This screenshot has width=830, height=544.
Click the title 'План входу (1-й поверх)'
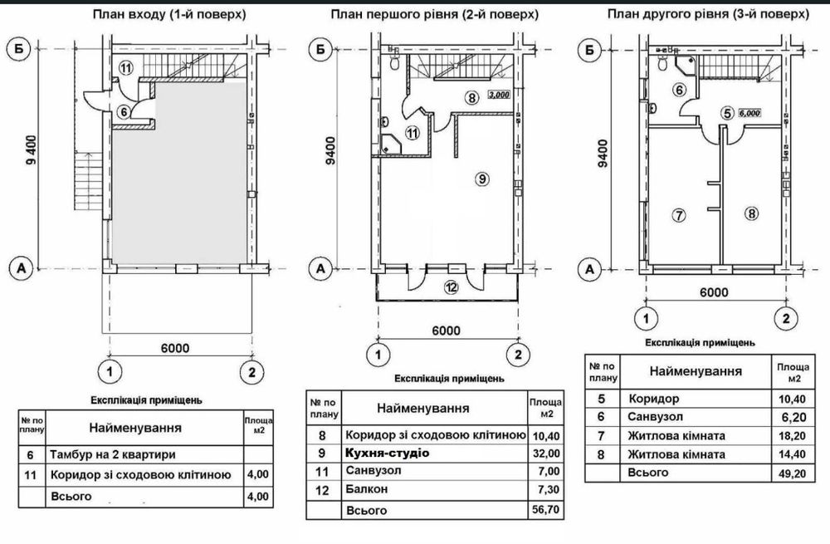click(x=169, y=14)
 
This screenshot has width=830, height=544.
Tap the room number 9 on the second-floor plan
click(x=481, y=179)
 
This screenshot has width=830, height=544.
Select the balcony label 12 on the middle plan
click(x=451, y=287)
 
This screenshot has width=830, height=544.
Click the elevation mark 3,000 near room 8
click(x=499, y=95)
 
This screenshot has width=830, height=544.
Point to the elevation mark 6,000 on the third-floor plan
click(x=749, y=113)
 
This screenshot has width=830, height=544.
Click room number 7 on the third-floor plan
click(x=679, y=215)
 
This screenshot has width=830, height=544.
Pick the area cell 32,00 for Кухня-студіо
click(x=546, y=453)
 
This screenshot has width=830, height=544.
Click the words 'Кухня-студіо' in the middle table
click(x=387, y=453)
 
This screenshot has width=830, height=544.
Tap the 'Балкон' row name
click(x=366, y=489)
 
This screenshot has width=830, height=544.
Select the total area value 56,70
click(x=546, y=510)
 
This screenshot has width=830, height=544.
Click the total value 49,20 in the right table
click(x=793, y=473)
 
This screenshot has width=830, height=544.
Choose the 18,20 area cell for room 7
click(x=793, y=436)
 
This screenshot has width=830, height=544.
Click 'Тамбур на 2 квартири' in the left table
click(x=113, y=454)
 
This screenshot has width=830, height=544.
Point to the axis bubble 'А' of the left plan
click(x=22, y=268)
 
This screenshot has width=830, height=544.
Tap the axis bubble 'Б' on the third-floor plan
click(x=589, y=51)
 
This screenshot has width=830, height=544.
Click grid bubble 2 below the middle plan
click(x=518, y=355)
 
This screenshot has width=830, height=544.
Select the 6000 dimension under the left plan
click(x=175, y=348)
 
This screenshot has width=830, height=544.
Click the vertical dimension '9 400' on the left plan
click(x=32, y=149)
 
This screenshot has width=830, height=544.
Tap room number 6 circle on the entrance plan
click(x=124, y=112)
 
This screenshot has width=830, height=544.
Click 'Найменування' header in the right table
click(x=696, y=370)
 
